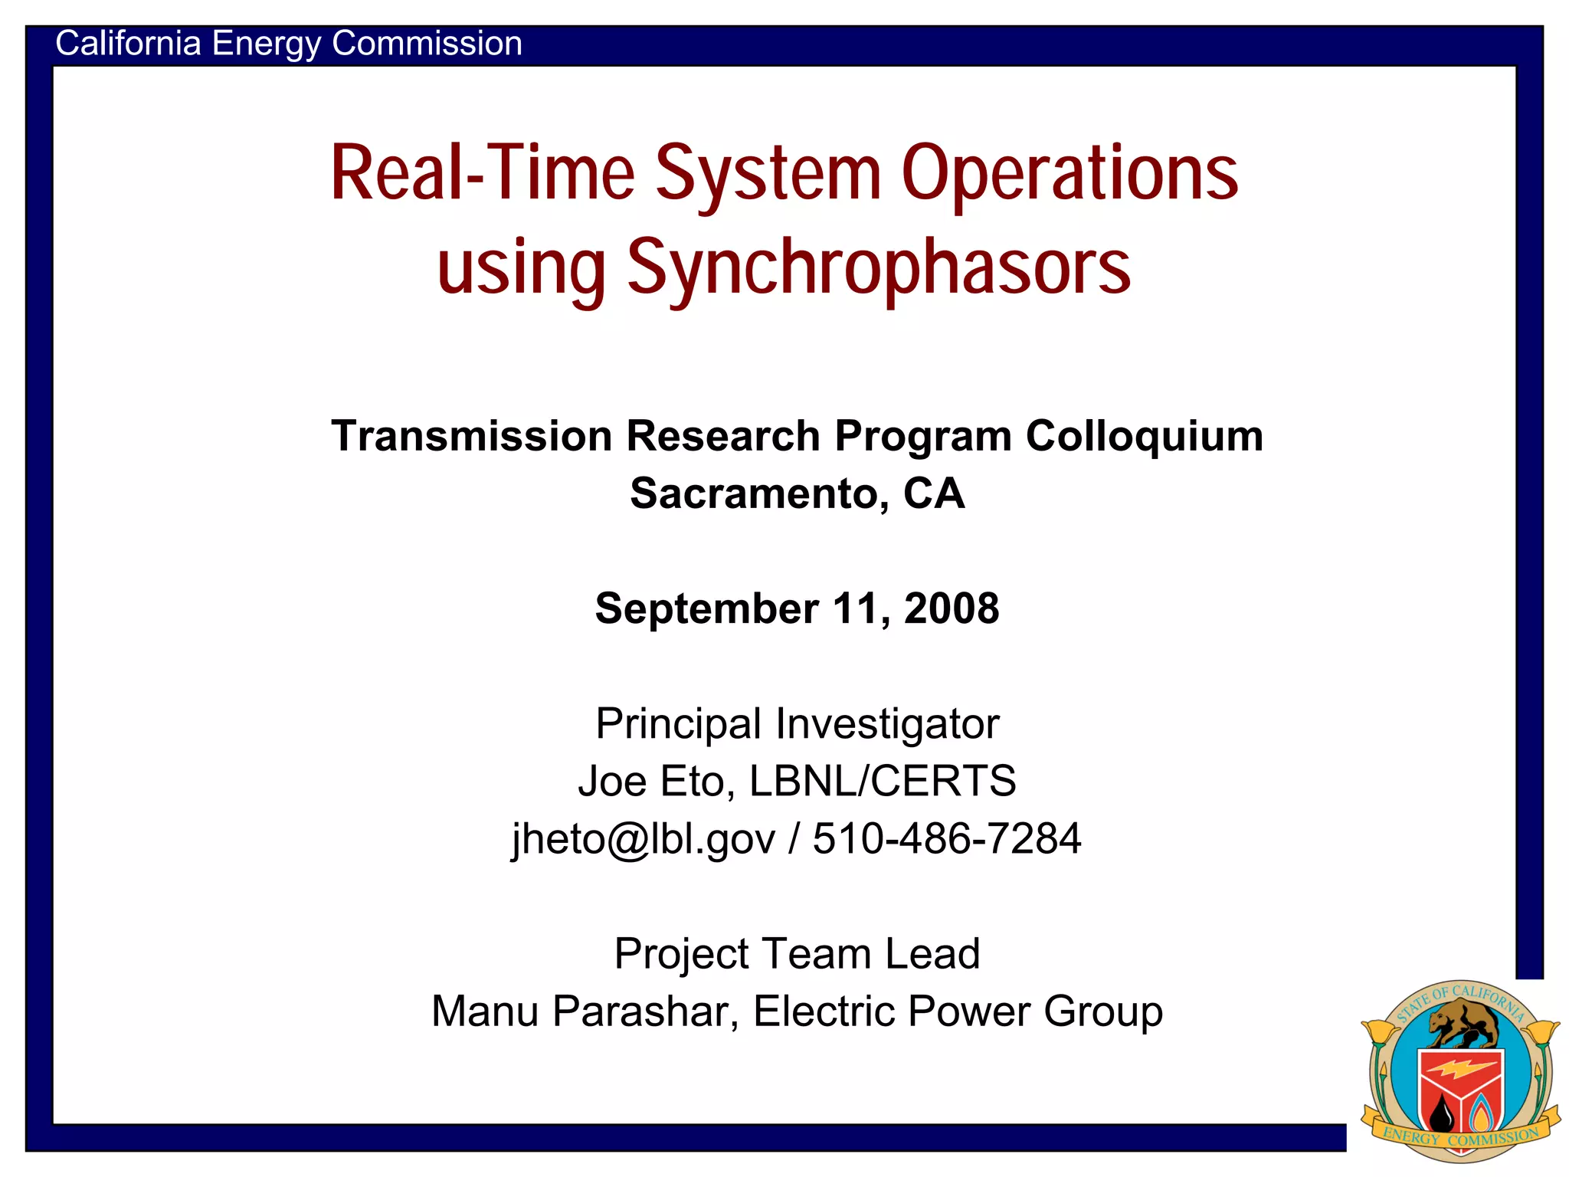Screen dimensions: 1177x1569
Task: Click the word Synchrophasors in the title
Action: tap(879, 268)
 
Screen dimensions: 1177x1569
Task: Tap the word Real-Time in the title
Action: tap(482, 174)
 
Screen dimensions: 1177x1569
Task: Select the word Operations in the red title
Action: tap(1069, 174)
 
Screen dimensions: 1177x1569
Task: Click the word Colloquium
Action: tap(1145, 436)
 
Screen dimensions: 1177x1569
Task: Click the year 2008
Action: tap(952, 608)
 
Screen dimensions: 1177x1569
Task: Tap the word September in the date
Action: tap(706, 608)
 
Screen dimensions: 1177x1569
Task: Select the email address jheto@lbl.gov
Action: tap(644, 838)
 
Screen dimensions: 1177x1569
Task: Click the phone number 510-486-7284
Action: tap(947, 838)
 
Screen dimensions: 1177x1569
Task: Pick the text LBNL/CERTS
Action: tap(883, 781)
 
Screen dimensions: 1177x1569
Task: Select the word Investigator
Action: tap(887, 723)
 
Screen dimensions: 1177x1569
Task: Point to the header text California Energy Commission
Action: tap(289, 44)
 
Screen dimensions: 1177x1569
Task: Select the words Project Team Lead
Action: tap(797, 954)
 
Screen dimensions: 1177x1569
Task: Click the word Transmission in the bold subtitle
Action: tap(472, 436)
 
